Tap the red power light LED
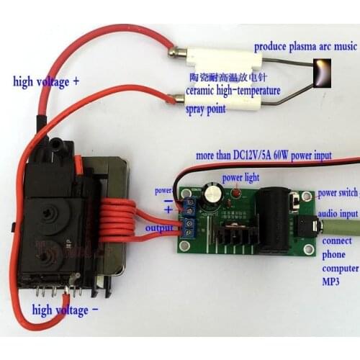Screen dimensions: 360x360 (235, 194)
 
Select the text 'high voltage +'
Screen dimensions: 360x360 (46, 81)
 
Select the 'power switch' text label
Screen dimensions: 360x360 (338, 193)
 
